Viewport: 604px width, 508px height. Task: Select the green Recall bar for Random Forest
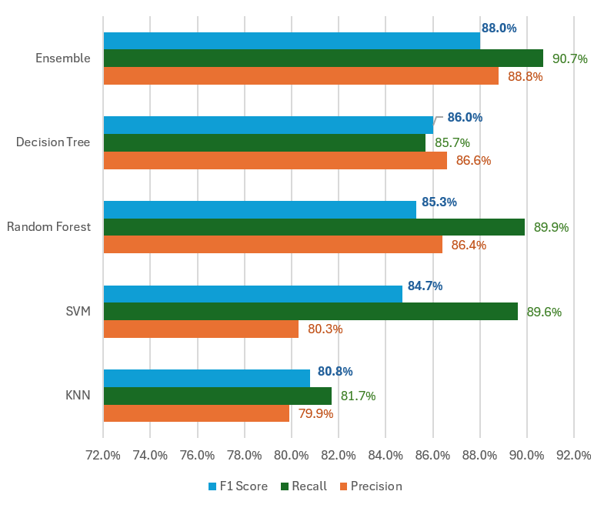314,227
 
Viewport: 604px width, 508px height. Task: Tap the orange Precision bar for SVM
201,329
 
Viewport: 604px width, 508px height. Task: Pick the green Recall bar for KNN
218,396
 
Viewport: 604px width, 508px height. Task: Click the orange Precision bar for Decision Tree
275,160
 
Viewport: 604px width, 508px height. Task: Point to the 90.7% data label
570,58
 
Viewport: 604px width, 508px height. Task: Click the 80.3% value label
325,329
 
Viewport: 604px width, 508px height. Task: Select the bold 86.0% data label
465,118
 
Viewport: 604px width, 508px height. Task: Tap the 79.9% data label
315,413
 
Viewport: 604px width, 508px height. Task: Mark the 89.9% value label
552,227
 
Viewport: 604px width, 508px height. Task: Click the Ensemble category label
63,58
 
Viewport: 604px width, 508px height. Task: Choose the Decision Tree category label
53,142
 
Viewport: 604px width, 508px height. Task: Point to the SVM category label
78,311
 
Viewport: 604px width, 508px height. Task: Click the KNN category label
78,396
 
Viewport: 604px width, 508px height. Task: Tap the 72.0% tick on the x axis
103,455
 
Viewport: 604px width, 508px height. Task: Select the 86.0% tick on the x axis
432,455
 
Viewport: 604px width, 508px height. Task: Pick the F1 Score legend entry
238,486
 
